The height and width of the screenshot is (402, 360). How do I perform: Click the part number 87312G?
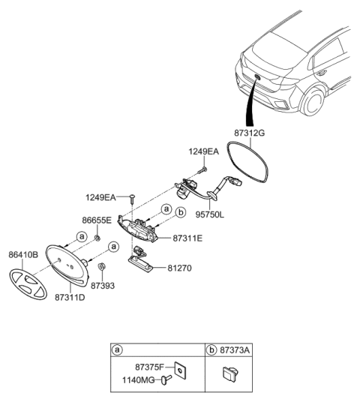point(250,133)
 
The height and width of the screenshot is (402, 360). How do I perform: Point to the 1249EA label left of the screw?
point(100,197)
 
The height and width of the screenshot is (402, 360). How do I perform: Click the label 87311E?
point(188,238)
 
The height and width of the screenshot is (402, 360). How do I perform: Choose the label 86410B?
point(24,255)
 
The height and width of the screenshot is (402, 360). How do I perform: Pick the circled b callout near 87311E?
point(179,212)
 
